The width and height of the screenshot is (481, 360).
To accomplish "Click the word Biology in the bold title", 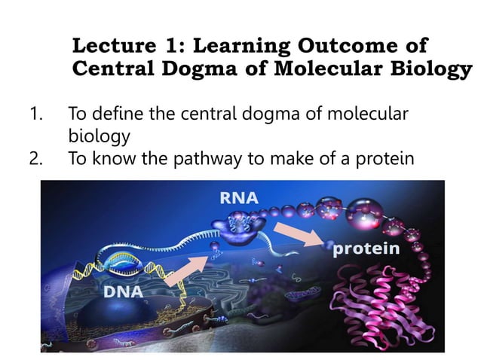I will tap(430, 70).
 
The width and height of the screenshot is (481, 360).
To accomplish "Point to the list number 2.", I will tap(35, 159).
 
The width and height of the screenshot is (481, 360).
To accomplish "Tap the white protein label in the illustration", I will tap(366, 249).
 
